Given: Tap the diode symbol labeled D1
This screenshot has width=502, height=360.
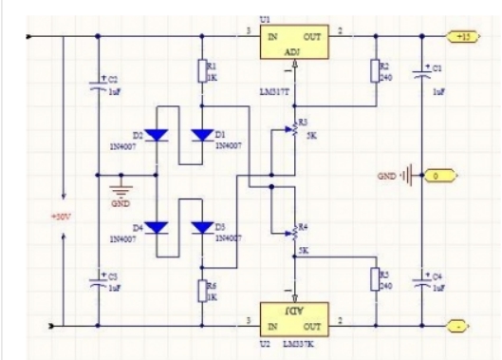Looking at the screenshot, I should click(x=201, y=135).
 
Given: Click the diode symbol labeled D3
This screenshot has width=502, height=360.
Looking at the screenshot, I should click(x=201, y=227).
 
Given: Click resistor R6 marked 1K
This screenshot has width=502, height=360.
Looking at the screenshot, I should click(x=201, y=290).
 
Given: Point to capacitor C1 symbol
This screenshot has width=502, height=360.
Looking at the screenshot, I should click(x=422, y=70).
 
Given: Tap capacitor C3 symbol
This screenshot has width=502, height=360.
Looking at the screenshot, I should click(x=98, y=279).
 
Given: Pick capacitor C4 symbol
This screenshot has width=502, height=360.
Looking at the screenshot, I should click(x=422, y=281).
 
